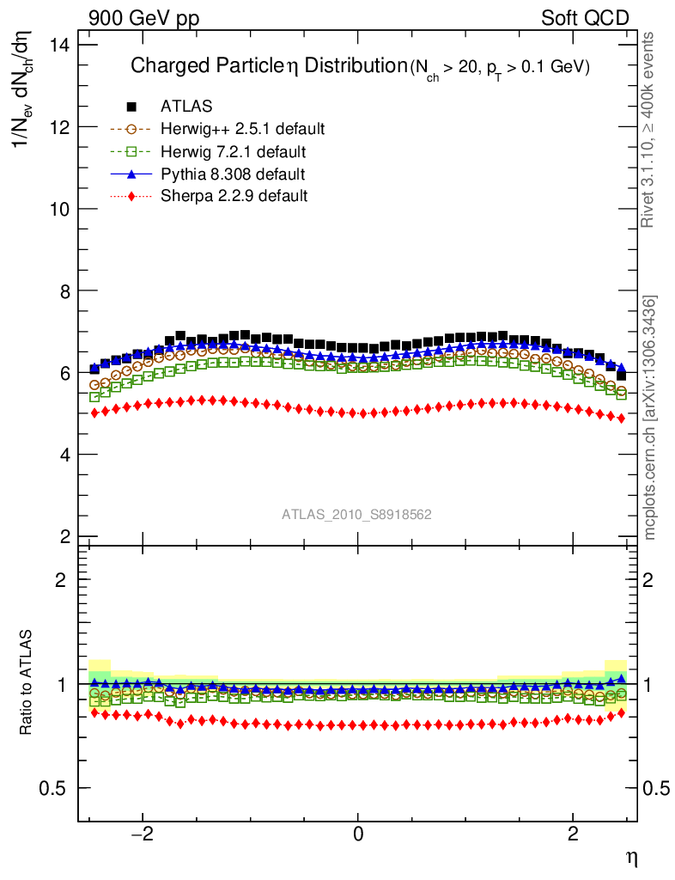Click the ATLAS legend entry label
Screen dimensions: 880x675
[186, 107]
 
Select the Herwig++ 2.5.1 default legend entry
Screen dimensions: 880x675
[242, 129]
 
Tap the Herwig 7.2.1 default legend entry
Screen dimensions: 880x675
[234, 152]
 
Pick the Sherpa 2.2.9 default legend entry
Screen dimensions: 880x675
[234, 196]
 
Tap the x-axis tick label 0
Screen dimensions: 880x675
[358, 834]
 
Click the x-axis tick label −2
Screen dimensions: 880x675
[142, 834]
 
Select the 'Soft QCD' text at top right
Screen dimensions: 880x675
[585, 18]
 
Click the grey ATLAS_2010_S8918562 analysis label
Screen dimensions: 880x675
[357, 515]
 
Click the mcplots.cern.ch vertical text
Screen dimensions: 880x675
[650, 418]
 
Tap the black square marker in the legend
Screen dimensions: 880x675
[132, 107]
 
